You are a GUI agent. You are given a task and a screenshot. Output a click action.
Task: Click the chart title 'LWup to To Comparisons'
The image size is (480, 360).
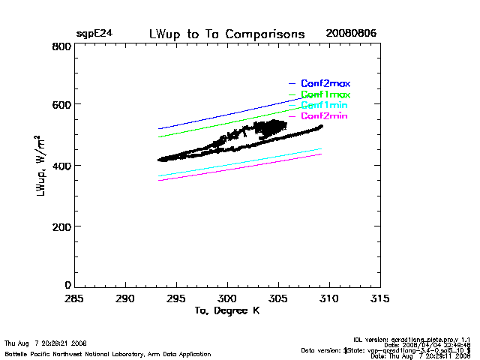tap(227, 34)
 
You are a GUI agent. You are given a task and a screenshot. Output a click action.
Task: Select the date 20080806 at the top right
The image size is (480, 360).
tap(351, 34)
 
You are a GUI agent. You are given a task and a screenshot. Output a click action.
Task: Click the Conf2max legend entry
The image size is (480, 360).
tap(325, 83)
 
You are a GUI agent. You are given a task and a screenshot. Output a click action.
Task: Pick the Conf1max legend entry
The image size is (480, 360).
tap(325, 94)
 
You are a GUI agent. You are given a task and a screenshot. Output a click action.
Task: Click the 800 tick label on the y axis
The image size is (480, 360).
tap(62, 46)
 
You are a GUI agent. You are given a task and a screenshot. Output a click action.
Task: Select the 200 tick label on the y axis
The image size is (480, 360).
tap(62, 226)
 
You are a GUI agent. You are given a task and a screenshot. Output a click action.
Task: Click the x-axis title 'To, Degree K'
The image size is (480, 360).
tap(226, 310)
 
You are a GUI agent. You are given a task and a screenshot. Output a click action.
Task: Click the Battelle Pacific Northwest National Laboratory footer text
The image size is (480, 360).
tap(108, 353)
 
